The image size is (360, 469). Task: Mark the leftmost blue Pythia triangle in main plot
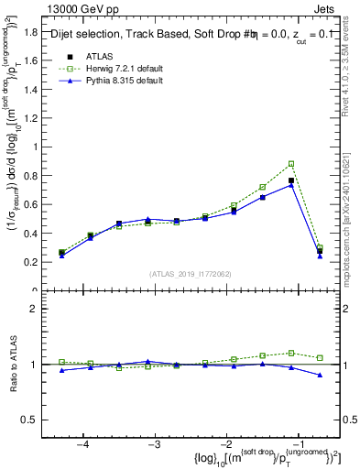[x=62, y=256]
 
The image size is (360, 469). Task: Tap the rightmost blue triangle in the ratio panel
[x=320, y=375]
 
